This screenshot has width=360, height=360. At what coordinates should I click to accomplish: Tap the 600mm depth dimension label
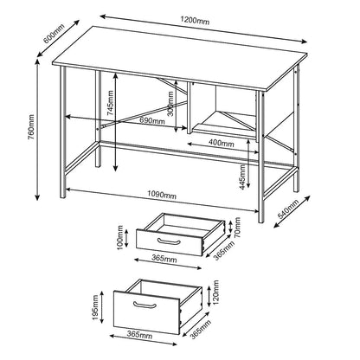pyautogui.click(x=54, y=33)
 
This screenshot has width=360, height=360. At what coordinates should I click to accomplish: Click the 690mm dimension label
pyautogui.click(x=151, y=121)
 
